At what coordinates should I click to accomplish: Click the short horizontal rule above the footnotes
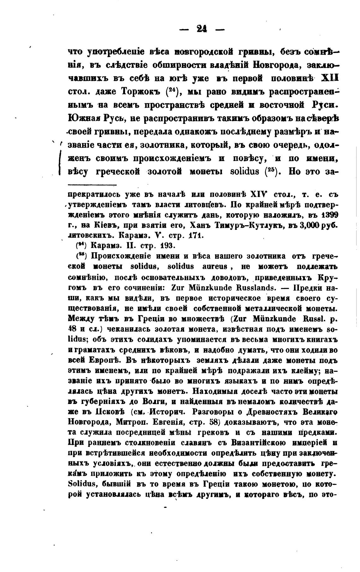pyautogui.click(x=92, y=185)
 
